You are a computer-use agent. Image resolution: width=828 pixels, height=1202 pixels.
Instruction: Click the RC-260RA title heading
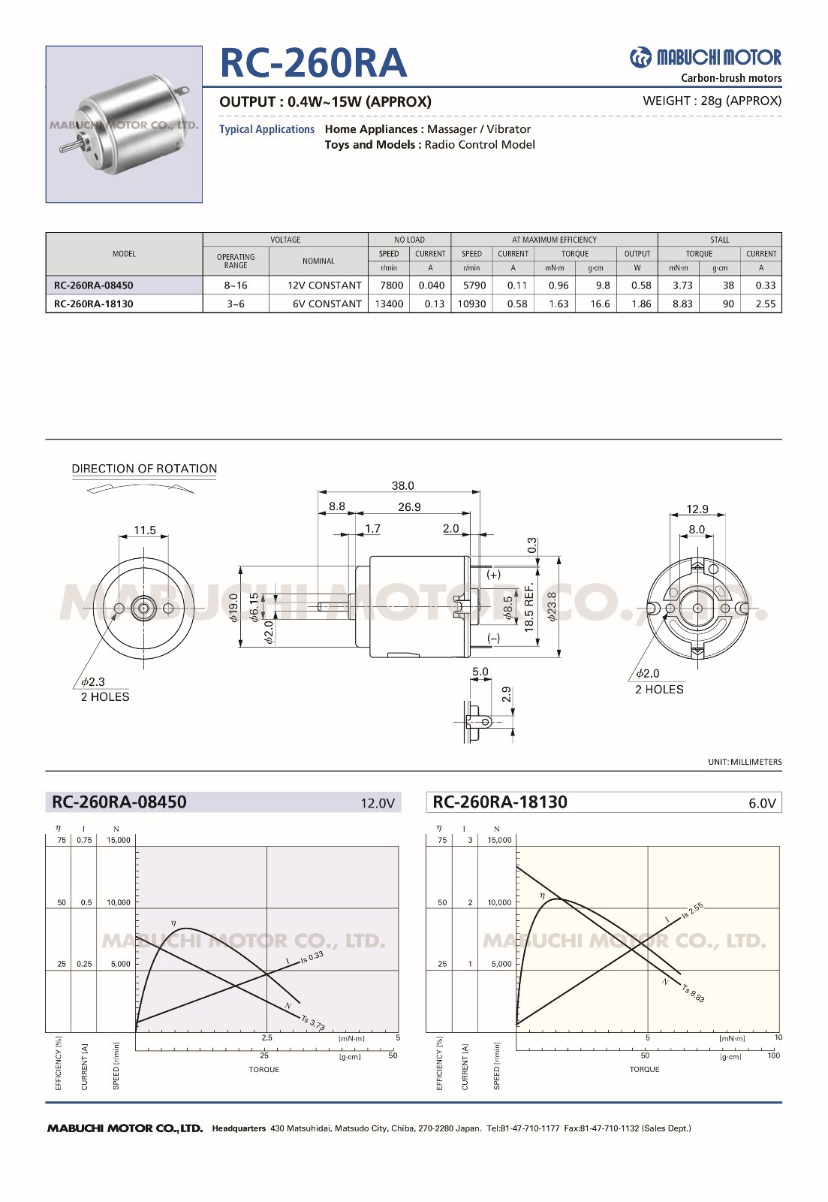313,63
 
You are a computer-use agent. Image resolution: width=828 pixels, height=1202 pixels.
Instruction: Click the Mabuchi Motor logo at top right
705,58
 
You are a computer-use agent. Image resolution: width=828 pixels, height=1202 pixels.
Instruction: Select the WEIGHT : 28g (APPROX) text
712,101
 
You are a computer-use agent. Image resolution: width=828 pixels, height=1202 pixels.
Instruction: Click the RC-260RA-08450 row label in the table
94,285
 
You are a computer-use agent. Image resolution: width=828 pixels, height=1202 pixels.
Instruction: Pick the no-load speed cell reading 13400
389,304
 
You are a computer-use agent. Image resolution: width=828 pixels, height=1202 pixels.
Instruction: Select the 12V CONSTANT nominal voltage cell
324,285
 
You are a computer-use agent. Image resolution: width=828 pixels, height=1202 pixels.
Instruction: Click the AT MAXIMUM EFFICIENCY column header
554,240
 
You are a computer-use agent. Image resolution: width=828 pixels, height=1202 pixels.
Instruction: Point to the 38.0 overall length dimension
402,486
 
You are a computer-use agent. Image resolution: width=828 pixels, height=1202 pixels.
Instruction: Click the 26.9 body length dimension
409,507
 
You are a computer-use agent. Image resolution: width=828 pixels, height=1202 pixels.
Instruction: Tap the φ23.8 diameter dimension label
553,607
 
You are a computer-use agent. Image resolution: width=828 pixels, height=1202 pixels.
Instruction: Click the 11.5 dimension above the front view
145,530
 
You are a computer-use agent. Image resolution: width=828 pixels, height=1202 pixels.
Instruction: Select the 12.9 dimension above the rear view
697,509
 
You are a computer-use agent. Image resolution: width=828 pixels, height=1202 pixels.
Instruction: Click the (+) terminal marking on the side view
493,575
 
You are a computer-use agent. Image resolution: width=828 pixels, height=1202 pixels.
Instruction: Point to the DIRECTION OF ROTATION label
144,469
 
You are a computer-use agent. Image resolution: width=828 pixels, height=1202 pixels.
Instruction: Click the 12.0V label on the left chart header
377,803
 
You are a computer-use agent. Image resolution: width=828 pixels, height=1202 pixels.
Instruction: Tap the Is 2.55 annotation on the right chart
691,911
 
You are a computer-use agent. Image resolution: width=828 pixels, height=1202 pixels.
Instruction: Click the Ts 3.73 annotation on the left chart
313,1023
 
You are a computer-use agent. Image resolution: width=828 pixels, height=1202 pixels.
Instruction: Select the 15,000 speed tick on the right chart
499,840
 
